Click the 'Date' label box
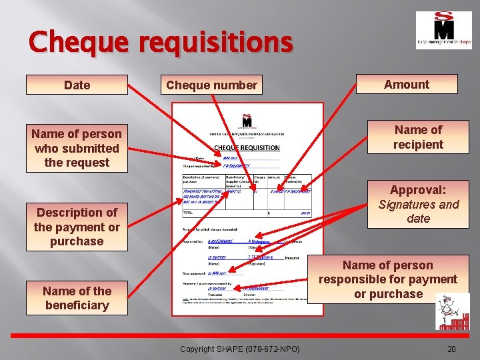tap(77, 85)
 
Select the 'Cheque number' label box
tap(211, 85)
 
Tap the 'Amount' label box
tap(407, 85)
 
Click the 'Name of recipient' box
tap(418, 137)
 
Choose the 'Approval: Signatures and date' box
tap(418, 204)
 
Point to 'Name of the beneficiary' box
tap(77, 298)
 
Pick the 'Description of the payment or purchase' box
tap(77, 227)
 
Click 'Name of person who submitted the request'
tap(77, 148)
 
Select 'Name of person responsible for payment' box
tap(387, 279)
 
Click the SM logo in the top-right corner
tap(443, 30)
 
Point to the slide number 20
tap(451, 349)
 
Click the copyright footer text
tap(240, 349)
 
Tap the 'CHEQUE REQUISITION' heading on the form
tap(247, 147)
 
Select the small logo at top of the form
tap(247, 122)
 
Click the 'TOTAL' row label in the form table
tap(189, 213)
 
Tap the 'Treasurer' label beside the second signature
tap(291, 257)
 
